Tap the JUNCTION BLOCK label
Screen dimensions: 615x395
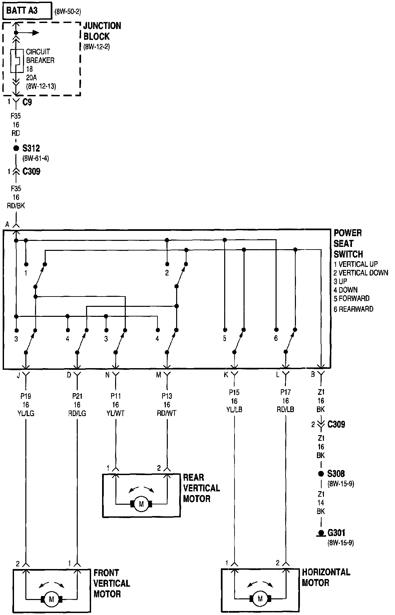(x=102, y=31)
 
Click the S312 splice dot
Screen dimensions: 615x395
(x=16, y=148)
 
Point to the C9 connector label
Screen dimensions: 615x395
(x=27, y=102)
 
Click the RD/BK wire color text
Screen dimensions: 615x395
(x=16, y=206)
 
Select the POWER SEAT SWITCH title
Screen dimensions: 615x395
(x=348, y=244)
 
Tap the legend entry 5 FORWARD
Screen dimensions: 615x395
(x=352, y=298)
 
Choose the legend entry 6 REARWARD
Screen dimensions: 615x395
(x=353, y=309)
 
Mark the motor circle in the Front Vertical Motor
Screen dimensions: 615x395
(x=51, y=599)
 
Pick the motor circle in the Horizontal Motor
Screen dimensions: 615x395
(x=260, y=599)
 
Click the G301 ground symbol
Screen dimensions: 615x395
(x=321, y=533)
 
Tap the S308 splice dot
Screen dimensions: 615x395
(x=321, y=473)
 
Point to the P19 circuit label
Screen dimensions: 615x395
(x=26, y=396)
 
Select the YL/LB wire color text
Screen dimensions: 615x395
(x=234, y=409)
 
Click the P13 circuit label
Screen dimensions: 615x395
(x=167, y=396)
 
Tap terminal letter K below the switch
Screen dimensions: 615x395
(x=226, y=375)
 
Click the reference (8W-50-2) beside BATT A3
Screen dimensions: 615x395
(x=68, y=12)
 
